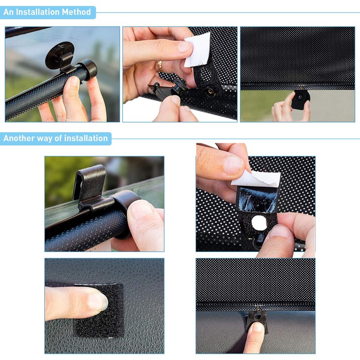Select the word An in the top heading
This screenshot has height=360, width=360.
coord(8,12)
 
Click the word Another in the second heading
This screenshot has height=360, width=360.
coord(19,138)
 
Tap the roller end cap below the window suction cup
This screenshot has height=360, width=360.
coord(87,68)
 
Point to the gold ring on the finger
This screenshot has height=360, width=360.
coord(159,65)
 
